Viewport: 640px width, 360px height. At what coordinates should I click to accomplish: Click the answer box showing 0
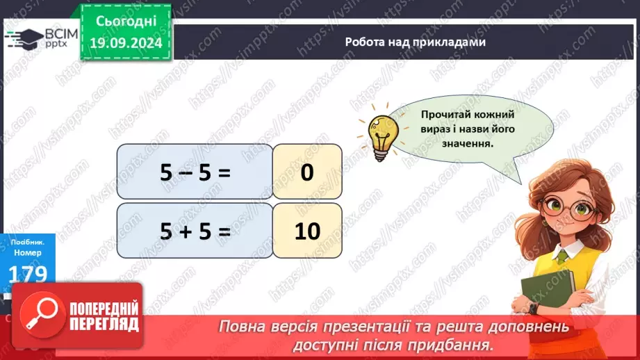pos(307,173)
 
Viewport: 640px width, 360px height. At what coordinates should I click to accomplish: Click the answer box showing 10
pos(307,231)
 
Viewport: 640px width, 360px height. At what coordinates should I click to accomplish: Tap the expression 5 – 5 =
pos(195,173)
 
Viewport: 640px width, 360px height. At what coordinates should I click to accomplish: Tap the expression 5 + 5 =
pos(195,231)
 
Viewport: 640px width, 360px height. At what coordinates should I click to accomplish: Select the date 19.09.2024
pos(127,42)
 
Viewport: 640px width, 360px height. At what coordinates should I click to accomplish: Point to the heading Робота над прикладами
pos(415,42)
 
